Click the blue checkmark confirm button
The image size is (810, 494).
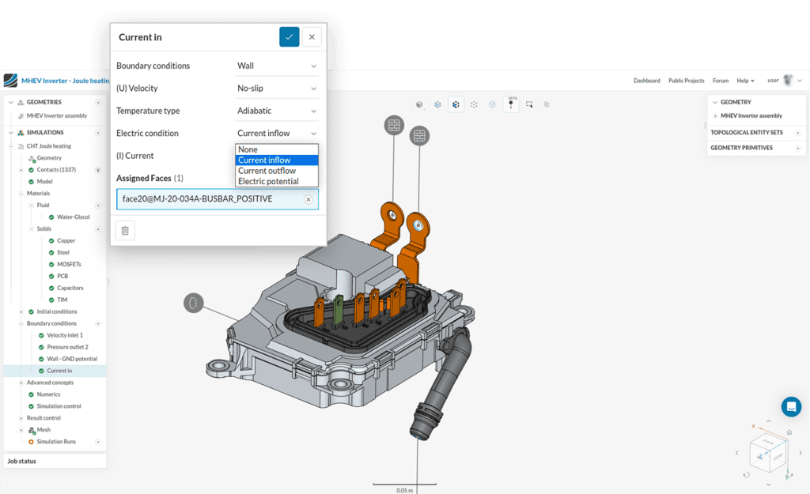point(290,36)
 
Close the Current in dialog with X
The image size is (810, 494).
point(312,36)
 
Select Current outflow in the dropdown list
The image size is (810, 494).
point(267,171)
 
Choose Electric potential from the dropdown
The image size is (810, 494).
point(268,181)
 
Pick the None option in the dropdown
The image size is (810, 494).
point(248,149)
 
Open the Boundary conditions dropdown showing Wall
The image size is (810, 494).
point(277,66)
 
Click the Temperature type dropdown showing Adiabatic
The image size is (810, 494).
point(277,111)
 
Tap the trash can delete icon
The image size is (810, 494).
point(124,230)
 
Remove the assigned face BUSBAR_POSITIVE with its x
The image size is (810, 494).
point(308,199)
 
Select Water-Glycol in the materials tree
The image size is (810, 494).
point(73,217)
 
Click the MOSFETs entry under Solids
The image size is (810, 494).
point(69,264)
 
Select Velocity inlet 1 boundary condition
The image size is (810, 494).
point(65,335)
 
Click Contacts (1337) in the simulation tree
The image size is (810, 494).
point(56,170)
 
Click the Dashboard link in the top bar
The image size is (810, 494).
point(646,81)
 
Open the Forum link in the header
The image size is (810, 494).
point(720,81)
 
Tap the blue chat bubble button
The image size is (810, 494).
point(791,406)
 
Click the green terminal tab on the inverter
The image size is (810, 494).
point(339,311)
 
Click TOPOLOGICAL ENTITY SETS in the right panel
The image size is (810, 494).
point(747,133)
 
